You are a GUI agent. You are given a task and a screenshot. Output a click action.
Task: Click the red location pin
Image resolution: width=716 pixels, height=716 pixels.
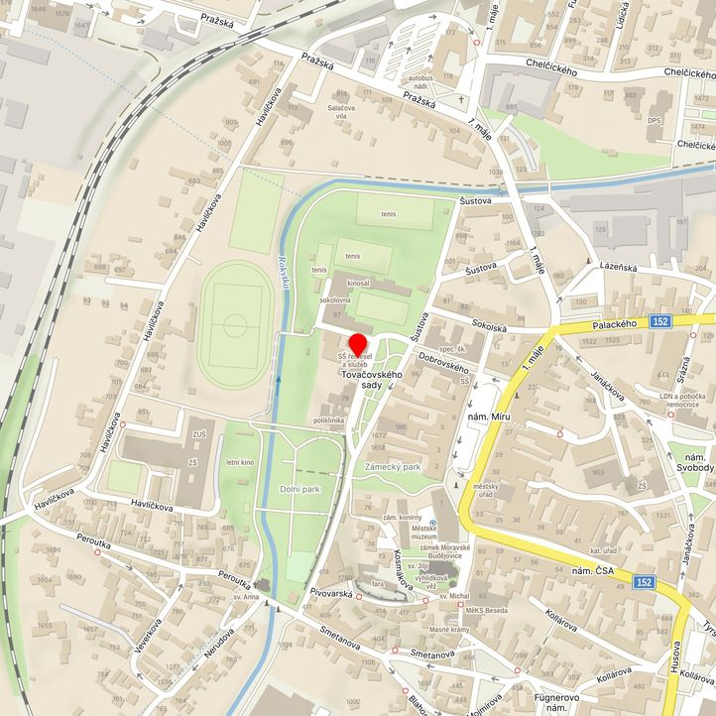(357, 344)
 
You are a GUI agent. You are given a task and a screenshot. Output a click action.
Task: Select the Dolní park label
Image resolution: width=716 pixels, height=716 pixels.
(299, 489)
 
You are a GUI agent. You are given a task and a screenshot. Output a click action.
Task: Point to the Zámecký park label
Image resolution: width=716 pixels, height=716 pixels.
(393, 466)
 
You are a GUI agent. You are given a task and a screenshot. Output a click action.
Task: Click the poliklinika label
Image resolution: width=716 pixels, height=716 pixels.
(328, 420)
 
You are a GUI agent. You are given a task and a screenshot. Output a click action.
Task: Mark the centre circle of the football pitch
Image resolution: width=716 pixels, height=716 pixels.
(235, 323)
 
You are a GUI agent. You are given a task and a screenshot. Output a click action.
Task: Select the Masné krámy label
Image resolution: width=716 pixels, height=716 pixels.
(448, 631)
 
